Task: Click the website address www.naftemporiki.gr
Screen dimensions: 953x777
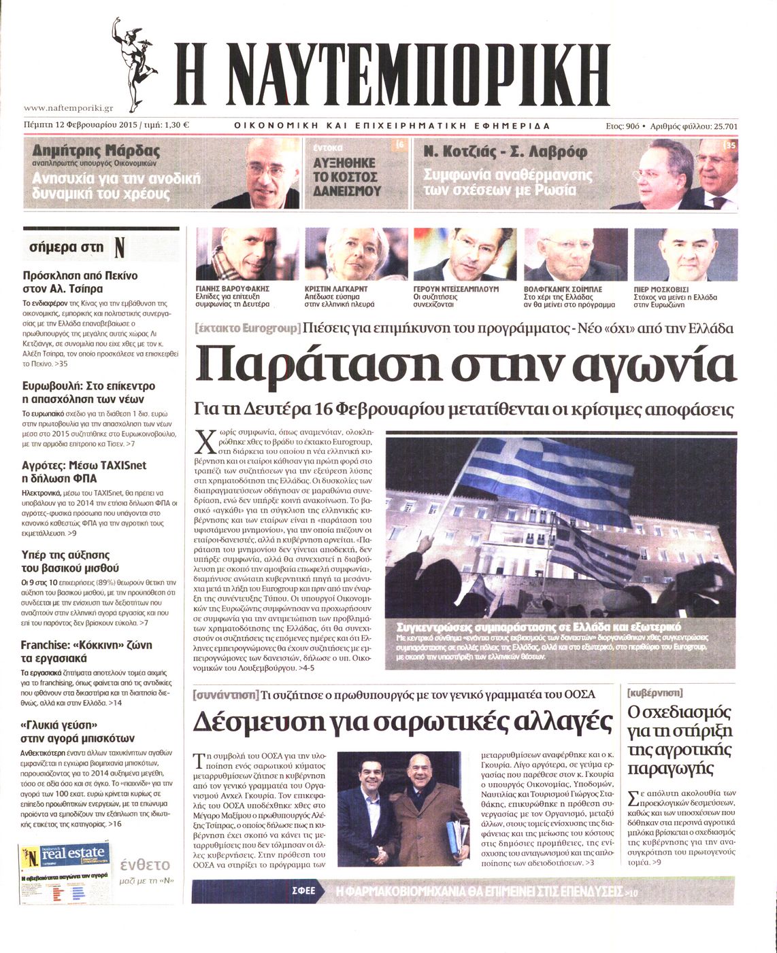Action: coord(68,108)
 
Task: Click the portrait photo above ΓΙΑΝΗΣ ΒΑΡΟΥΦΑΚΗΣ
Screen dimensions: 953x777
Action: coord(246,254)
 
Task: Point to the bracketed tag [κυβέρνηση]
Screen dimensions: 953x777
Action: coord(655,693)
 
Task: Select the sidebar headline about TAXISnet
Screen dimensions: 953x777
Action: coord(84,471)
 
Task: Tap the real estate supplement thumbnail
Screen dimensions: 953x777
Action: coord(65,873)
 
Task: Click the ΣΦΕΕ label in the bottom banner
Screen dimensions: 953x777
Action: coord(303,891)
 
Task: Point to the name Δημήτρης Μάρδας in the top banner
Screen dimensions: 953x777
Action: coord(96,151)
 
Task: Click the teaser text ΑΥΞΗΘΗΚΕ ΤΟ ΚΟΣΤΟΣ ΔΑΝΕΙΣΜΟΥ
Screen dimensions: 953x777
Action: coord(347,177)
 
